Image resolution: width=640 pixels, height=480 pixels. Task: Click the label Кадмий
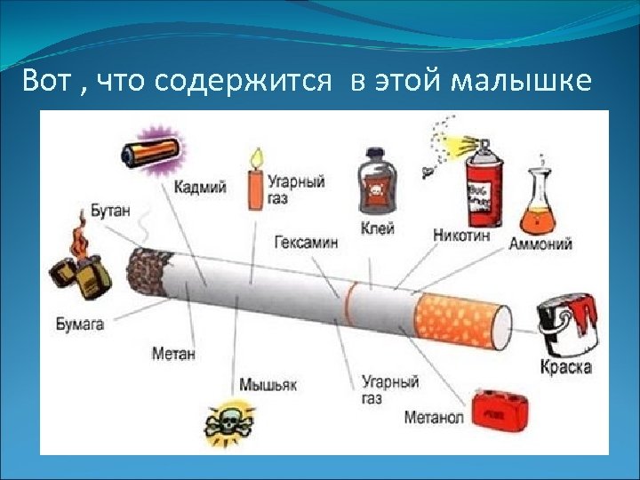click(200, 187)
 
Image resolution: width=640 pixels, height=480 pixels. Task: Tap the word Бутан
click(110, 212)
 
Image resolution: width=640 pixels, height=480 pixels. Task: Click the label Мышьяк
click(267, 384)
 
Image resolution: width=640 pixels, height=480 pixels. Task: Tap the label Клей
click(377, 228)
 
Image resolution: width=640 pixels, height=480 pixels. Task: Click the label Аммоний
click(540, 243)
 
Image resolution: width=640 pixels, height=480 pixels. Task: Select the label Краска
click(565, 366)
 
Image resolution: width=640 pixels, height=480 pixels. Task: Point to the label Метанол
click(434, 417)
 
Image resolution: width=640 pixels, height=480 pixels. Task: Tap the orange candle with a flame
click(256, 181)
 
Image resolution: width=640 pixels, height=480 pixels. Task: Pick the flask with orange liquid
click(540, 200)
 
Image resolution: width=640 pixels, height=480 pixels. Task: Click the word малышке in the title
click(521, 81)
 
